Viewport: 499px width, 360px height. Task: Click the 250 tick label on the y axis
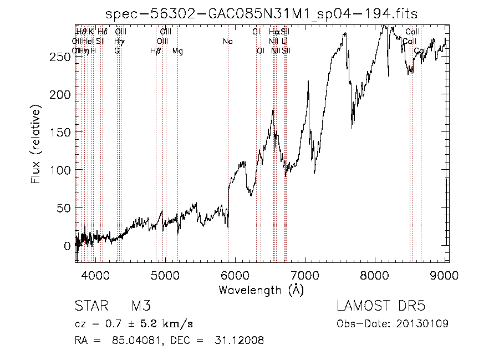tap(62, 57)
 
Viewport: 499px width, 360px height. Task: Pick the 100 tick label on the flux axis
tap(62, 170)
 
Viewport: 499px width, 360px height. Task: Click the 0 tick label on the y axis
tap(67, 245)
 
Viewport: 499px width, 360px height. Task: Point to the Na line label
tap(228, 42)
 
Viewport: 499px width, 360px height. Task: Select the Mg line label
tap(177, 51)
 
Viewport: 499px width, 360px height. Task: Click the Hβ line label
tap(156, 51)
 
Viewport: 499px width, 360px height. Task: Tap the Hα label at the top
tap(274, 32)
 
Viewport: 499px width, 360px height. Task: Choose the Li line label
tap(284, 42)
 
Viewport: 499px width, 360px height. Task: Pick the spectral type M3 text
tap(141, 306)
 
